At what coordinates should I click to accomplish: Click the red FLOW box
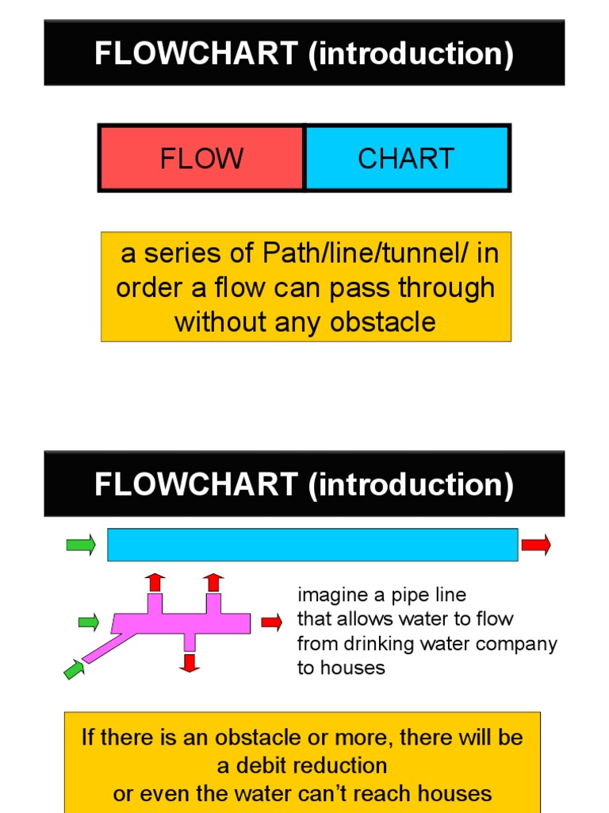(x=201, y=159)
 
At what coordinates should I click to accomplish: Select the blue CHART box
(x=406, y=159)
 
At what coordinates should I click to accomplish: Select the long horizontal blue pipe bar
(x=312, y=545)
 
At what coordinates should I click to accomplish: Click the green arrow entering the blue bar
(x=81, y=545)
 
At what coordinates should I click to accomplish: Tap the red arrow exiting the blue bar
(x=536, y=545)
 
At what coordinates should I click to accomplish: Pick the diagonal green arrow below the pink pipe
(x=74, y=669)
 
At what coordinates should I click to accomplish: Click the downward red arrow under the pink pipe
(x=189, y=663)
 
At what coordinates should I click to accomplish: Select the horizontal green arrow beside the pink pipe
(x=89, y=622)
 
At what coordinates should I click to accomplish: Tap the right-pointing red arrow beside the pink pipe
(x=271, y=622)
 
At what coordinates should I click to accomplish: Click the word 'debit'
(x=259, y=765)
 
